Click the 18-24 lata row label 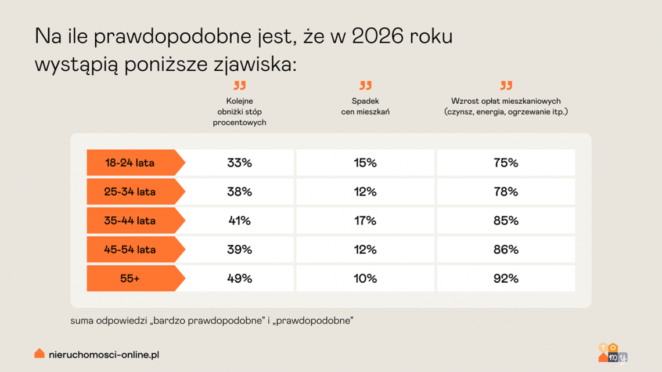click(x=130, y=163)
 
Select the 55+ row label click(x=130, y=279)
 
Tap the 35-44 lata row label click(x=130, y=221)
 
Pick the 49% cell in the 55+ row click(x=239, y=279)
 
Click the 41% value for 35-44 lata click(x=239, y=221)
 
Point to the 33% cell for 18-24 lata click(x=239, y=163)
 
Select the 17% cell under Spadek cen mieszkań click(x=365, y=221)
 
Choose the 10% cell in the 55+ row click(x=365, y=279)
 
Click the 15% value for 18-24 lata click(x=365, y=163)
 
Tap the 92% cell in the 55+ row click(x=505, y=279)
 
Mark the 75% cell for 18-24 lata click(x=505, y=163)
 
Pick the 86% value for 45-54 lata click(x=505, y=250)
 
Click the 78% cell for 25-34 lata click(x=505, y=192)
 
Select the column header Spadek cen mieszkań click(x=365, y=106)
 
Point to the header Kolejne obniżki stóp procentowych click(x=239, y=111)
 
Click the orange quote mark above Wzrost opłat click(x=506, y=85)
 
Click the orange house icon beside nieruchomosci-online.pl click(x=39, y=353)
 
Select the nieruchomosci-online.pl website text click(x=105, y=353)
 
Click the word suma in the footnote click(x=81, y=320)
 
